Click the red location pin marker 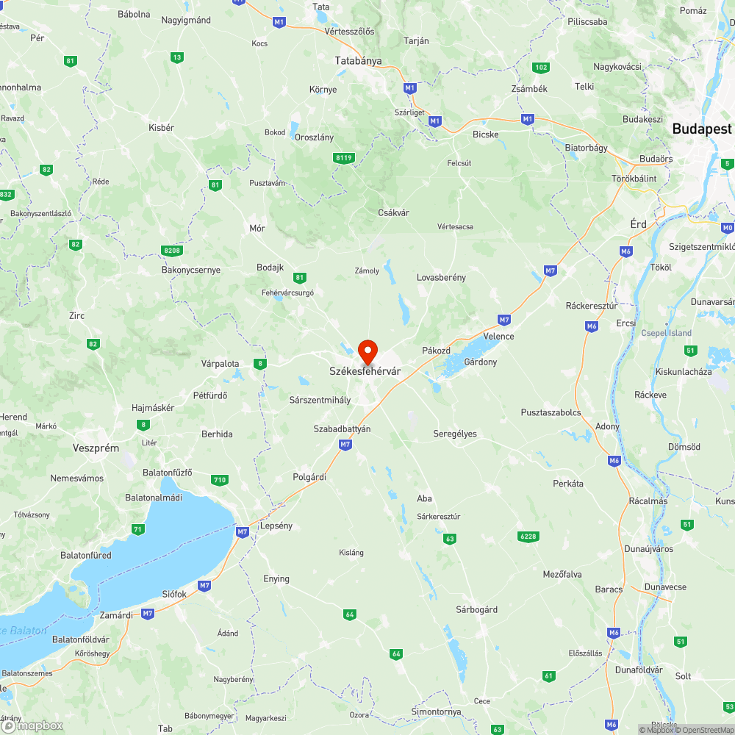(367, 351)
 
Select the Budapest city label (702, 129)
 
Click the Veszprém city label (96, 448)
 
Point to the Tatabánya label (358, 61)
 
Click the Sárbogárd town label (476, 609)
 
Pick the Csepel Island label (667, 333)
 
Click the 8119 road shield (343, 157)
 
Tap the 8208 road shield (171, 251)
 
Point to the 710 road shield (219, 480)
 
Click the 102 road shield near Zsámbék (541, 68)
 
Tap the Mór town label (257, 229)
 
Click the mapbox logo (33, 725)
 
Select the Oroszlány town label (314, 137)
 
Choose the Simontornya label (437, 712)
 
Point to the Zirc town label (76, 315)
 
